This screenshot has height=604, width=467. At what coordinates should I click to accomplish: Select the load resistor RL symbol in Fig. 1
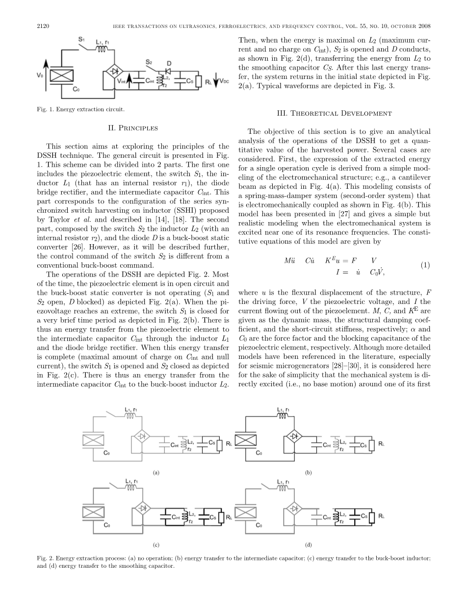tap(199, 81)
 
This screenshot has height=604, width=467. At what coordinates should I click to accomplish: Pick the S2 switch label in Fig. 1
tap(148, 62)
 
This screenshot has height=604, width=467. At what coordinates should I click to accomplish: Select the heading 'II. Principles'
tap(133, 128)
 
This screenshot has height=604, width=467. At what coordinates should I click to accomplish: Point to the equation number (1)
tap(425, 265)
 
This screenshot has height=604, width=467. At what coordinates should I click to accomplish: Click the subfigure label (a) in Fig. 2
tap(156, 473)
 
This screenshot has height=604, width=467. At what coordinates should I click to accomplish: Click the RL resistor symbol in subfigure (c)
tap(228, 517)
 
